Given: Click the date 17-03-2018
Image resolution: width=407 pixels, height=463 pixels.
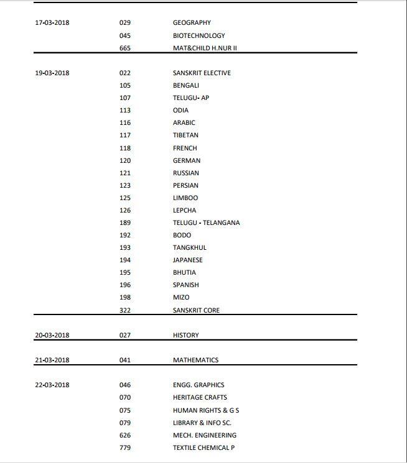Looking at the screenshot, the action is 52,23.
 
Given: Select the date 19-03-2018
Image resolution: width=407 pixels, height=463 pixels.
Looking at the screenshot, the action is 52,73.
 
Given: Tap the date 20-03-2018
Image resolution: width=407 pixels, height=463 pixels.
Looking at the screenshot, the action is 52,335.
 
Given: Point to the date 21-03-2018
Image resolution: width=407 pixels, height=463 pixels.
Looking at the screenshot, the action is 52,360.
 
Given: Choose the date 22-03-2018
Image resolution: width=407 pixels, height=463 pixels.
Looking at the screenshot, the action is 52,385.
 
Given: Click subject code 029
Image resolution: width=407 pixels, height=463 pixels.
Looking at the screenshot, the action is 125,23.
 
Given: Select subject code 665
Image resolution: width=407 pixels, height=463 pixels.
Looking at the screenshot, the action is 125,48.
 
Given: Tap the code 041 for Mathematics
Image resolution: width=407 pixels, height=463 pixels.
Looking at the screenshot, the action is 125,360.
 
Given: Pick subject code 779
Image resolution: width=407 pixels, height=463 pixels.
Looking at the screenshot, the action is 125,447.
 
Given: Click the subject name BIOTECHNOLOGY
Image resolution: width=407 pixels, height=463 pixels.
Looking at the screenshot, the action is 199,35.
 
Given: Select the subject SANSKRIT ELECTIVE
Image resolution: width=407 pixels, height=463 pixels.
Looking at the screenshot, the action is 202,73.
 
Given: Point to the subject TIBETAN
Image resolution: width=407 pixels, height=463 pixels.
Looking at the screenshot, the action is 185,135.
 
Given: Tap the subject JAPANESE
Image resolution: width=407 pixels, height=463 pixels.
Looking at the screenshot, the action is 188,260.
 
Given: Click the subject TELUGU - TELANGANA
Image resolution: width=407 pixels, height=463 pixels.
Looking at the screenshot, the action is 206,222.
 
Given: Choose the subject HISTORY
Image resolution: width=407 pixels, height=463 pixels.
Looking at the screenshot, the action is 186,335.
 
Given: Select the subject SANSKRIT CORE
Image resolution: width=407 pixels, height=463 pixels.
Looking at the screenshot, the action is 196,310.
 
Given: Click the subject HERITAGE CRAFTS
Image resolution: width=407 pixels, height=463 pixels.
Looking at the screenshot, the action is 200,397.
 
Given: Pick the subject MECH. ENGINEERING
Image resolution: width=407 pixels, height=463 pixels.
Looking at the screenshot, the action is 205,435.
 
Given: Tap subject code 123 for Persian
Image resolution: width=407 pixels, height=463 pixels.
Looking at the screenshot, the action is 125,185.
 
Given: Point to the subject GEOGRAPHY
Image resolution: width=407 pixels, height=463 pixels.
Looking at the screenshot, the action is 192,23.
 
